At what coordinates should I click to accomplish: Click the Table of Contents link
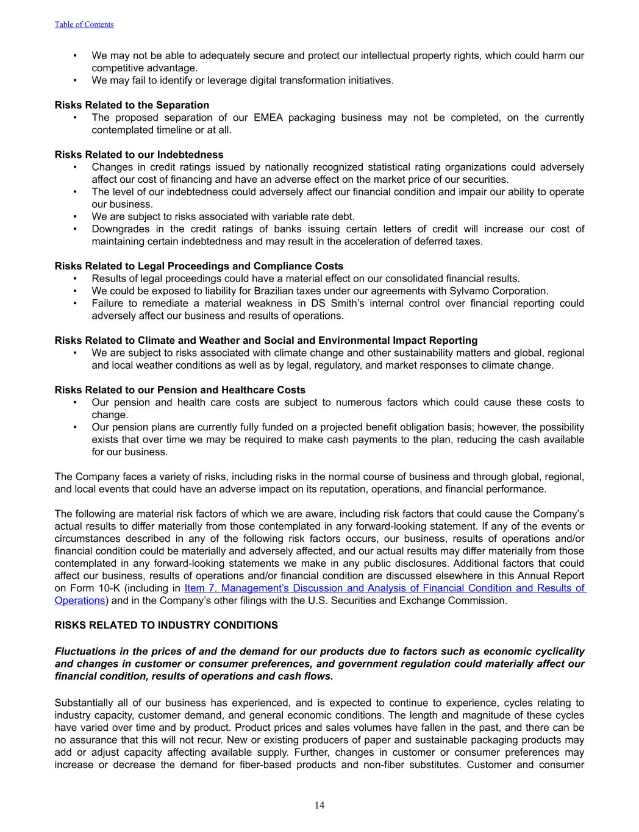click(x=84, y=24)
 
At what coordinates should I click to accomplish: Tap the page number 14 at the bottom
click(x=319, y=806)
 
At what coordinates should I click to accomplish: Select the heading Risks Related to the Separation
click(x=132, y=105)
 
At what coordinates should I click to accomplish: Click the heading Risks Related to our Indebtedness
click(x=139, y=155)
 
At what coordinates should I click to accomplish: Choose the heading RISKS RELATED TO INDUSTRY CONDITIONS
click(x=166, y=625)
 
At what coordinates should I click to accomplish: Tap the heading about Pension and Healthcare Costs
click(x=180, y=390)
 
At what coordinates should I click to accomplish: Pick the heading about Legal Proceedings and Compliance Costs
click(x=199, y=266)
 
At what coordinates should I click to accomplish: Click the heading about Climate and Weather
click(x=266, y=341)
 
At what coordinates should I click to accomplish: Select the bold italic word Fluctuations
click(x=85, y=652)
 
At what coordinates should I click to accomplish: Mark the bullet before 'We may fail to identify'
click(x=74, y=80)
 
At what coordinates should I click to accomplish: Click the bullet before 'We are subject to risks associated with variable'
click(x=74, y=217)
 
